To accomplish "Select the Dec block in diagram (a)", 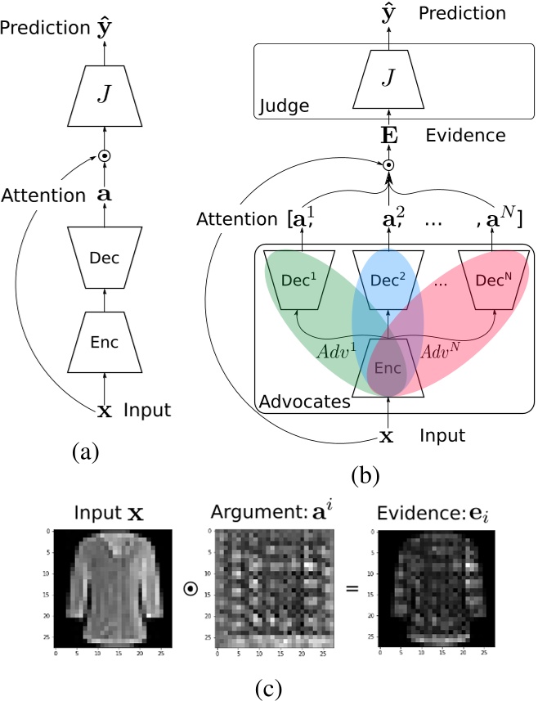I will tap(103, 258).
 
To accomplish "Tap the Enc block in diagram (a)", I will tap(103, 342).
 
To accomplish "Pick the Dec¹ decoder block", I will tap(303, 279).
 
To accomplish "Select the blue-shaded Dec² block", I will tap(389, 279).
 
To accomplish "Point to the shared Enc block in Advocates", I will tap(389, 368).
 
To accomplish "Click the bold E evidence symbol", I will tap(389, 136).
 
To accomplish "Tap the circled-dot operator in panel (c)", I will tap(190, 586).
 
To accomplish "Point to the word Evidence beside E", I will tap(465, 136).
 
